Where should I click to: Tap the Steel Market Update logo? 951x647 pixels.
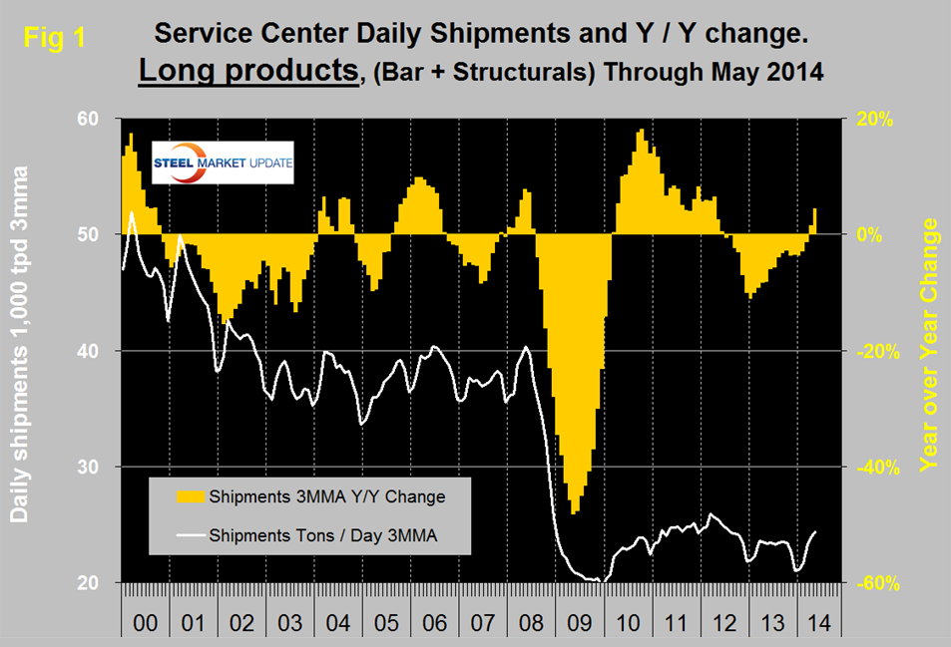pos(222,163)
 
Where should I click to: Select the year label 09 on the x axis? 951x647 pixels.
pos(575,623)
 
